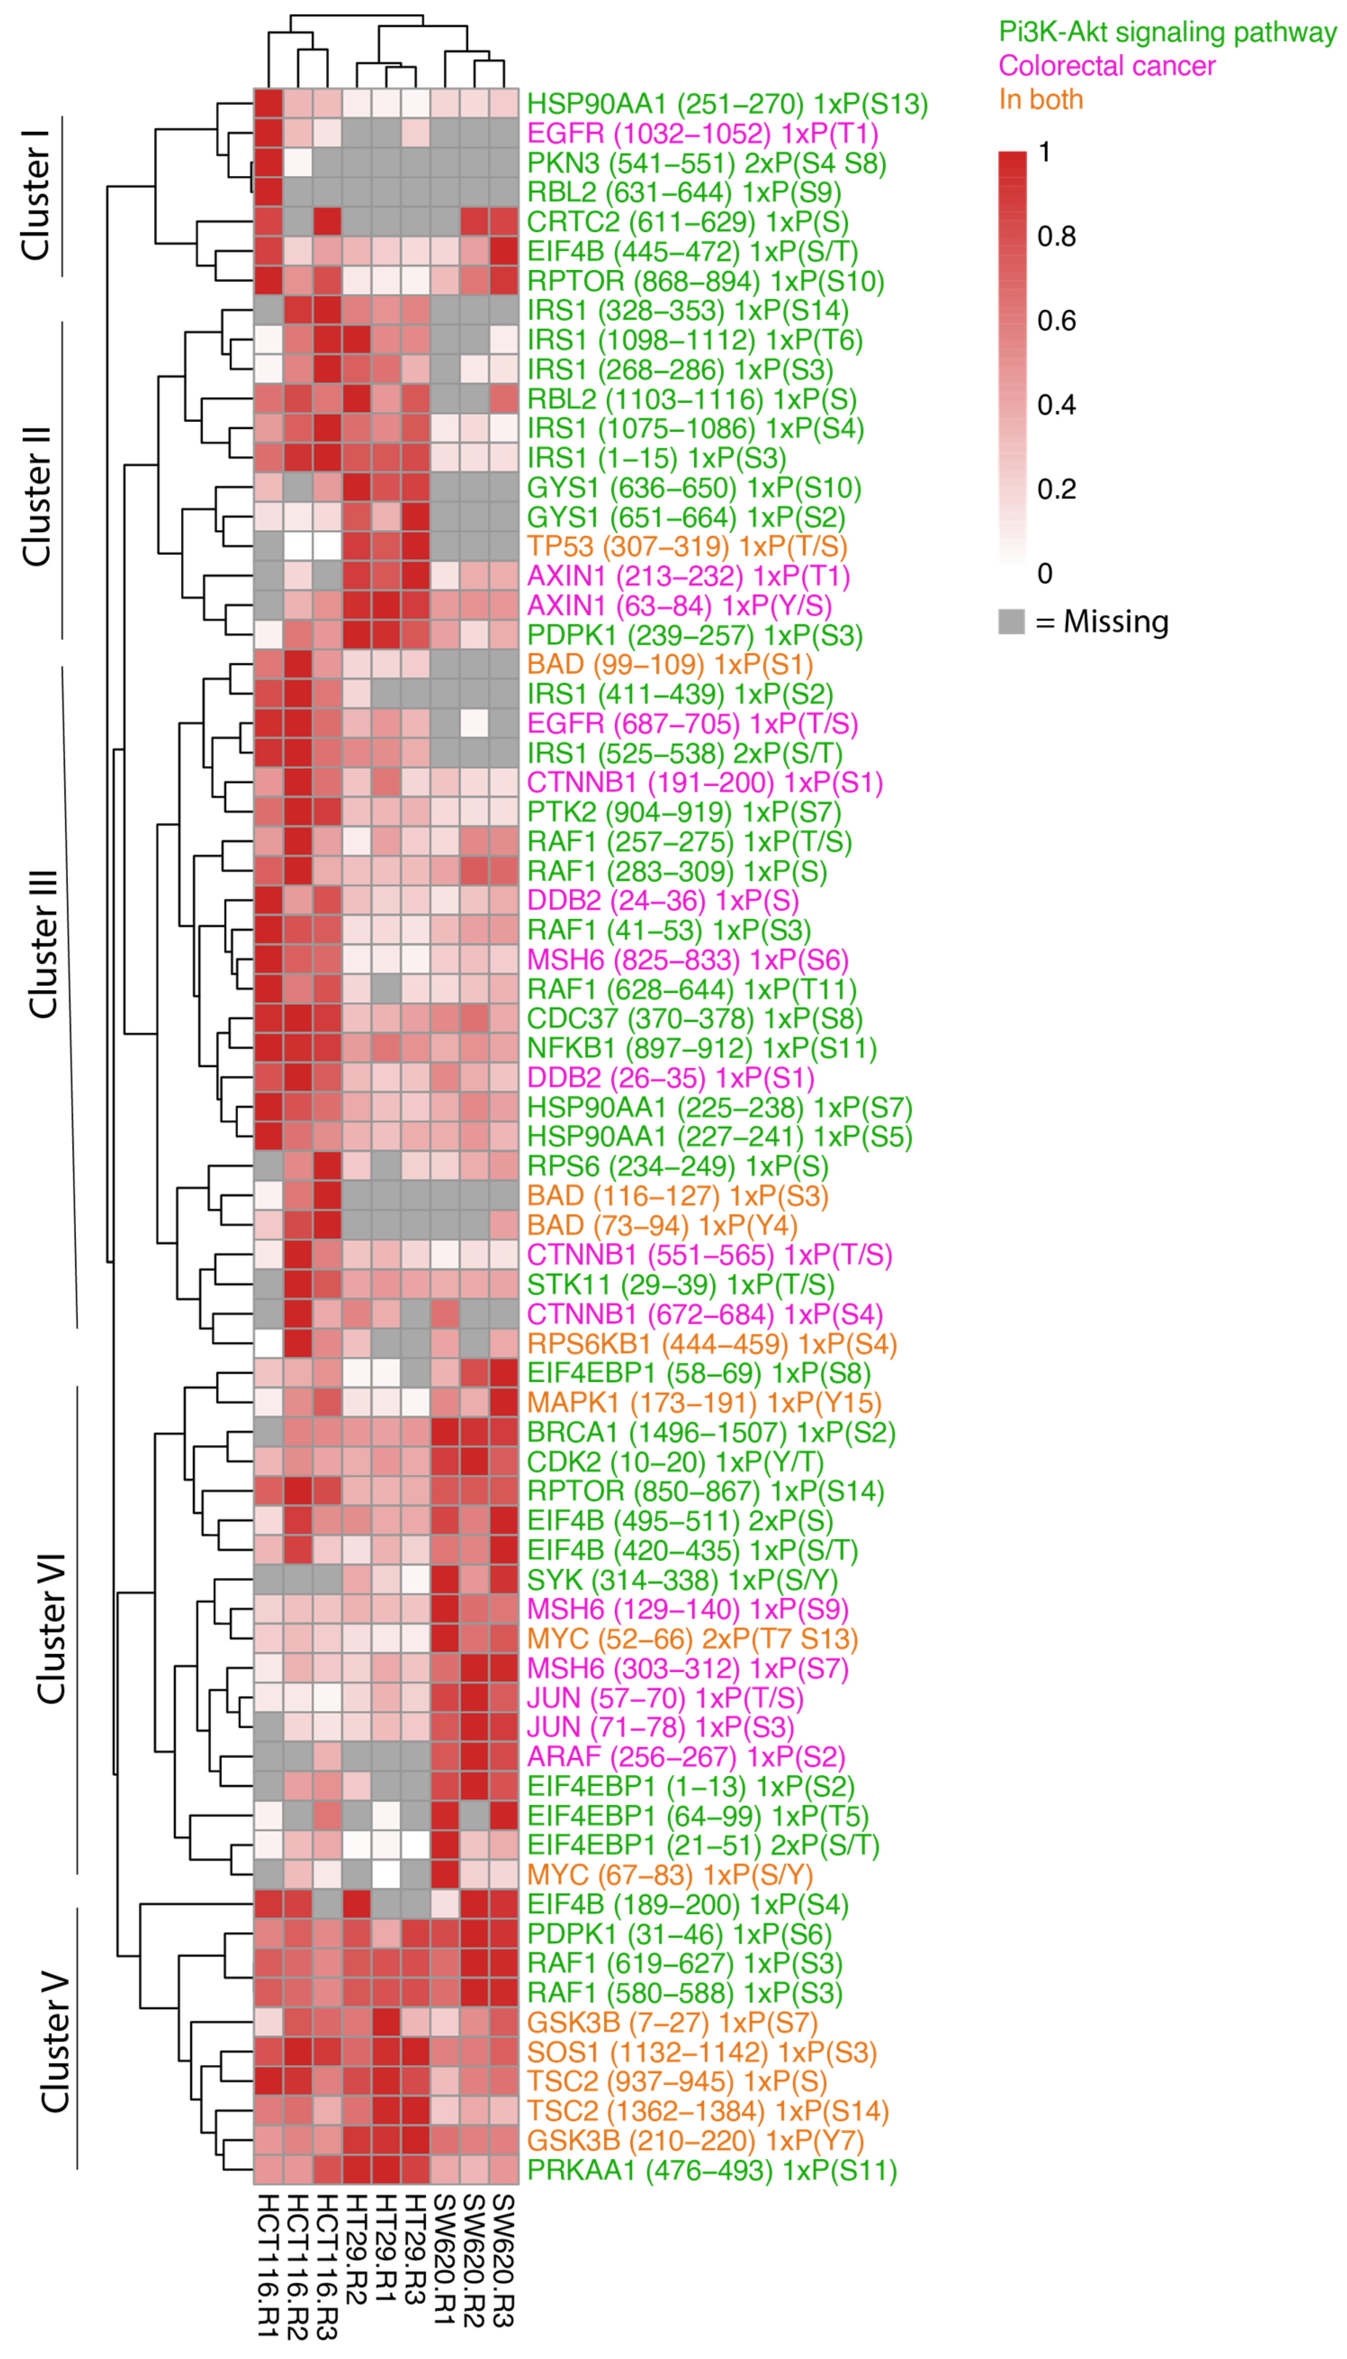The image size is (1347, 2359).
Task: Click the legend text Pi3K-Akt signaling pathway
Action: point(1167,32)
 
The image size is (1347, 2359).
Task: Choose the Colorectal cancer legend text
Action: point(1106,66)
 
